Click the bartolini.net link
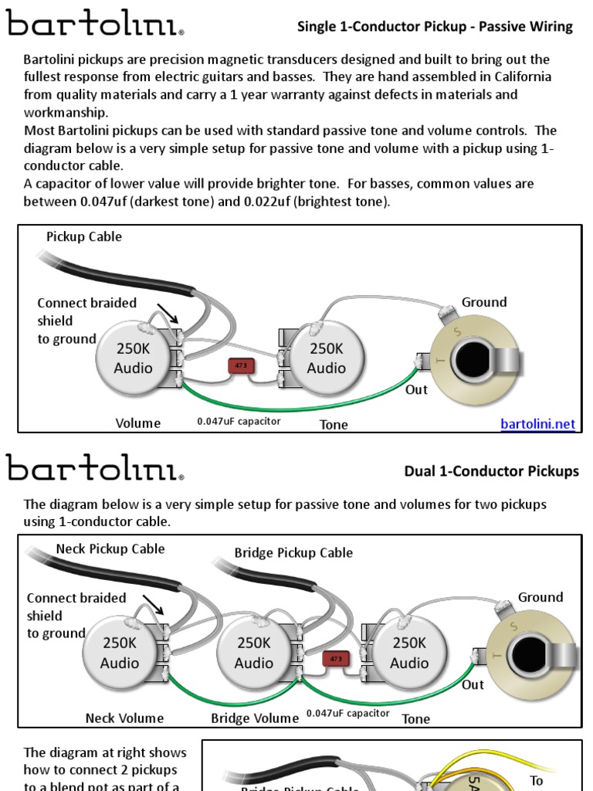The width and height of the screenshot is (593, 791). click(537, 424)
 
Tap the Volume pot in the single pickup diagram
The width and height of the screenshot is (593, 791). click(134, 358)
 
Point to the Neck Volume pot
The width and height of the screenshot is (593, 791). click(120, 653)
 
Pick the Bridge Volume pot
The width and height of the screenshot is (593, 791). click(254, 653)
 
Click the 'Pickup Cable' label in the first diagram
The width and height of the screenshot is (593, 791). click(84, 236)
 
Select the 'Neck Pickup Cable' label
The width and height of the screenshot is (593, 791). click(110, 548)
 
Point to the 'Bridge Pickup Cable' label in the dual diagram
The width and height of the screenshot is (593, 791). click(293, 552)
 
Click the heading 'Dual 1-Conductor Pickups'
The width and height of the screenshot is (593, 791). click(491, 471)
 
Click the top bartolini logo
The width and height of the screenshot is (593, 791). click(95, 25)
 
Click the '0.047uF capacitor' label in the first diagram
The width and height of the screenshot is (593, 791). click(239, 421)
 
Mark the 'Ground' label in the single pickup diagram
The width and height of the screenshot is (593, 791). click(484, 302)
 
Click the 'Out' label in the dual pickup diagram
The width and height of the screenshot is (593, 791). click(473, 684)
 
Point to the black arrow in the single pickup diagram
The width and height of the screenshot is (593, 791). click(168, 314)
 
